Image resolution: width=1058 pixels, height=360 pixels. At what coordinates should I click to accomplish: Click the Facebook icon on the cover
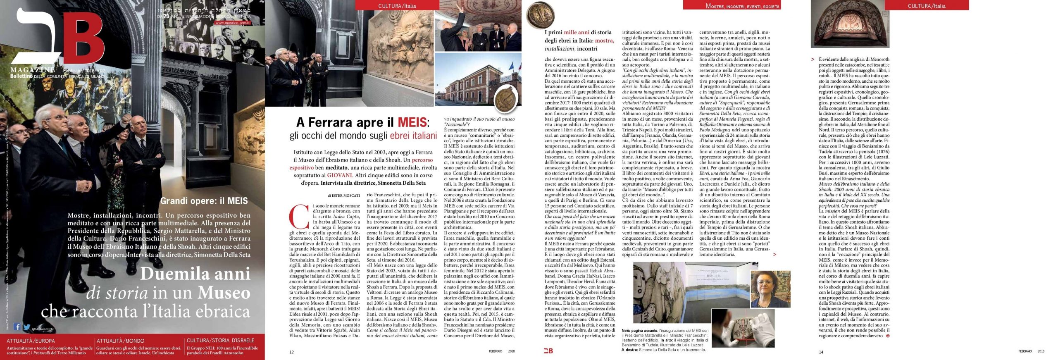coord(17,327)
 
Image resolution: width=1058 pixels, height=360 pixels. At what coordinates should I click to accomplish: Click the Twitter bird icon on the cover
coord(26,327)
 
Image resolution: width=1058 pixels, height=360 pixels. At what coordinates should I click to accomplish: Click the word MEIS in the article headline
coord(412,122)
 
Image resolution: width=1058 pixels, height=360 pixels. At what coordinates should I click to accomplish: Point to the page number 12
coord(291,352)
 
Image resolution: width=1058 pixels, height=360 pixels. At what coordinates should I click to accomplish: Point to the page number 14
coord(821,352)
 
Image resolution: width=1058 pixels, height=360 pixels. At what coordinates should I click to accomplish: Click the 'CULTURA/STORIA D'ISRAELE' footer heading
coord(220,341)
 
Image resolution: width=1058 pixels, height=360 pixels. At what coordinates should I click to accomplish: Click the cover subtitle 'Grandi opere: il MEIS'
coord(204,201)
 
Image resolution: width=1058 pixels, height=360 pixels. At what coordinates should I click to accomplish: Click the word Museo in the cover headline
coord(224,293)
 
